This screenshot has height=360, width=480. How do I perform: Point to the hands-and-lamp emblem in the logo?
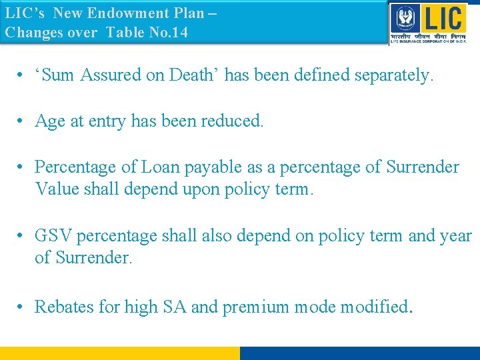402,17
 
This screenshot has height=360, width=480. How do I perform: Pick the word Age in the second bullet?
49,121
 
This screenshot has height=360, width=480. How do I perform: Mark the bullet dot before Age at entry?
22,121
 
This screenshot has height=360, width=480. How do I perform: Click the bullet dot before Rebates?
22,307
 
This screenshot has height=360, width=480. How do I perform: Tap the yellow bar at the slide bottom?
120,353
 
